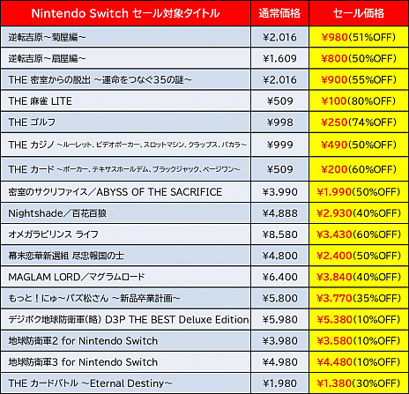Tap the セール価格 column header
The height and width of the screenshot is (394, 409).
[357, 15]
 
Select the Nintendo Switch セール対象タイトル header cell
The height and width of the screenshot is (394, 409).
[124, 15]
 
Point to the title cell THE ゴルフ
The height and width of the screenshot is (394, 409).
[34, 123]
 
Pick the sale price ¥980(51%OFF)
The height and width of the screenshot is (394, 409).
[357, 37]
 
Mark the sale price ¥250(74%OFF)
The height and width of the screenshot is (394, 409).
[357, 123]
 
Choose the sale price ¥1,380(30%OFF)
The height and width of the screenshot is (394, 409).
[357, 383]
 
